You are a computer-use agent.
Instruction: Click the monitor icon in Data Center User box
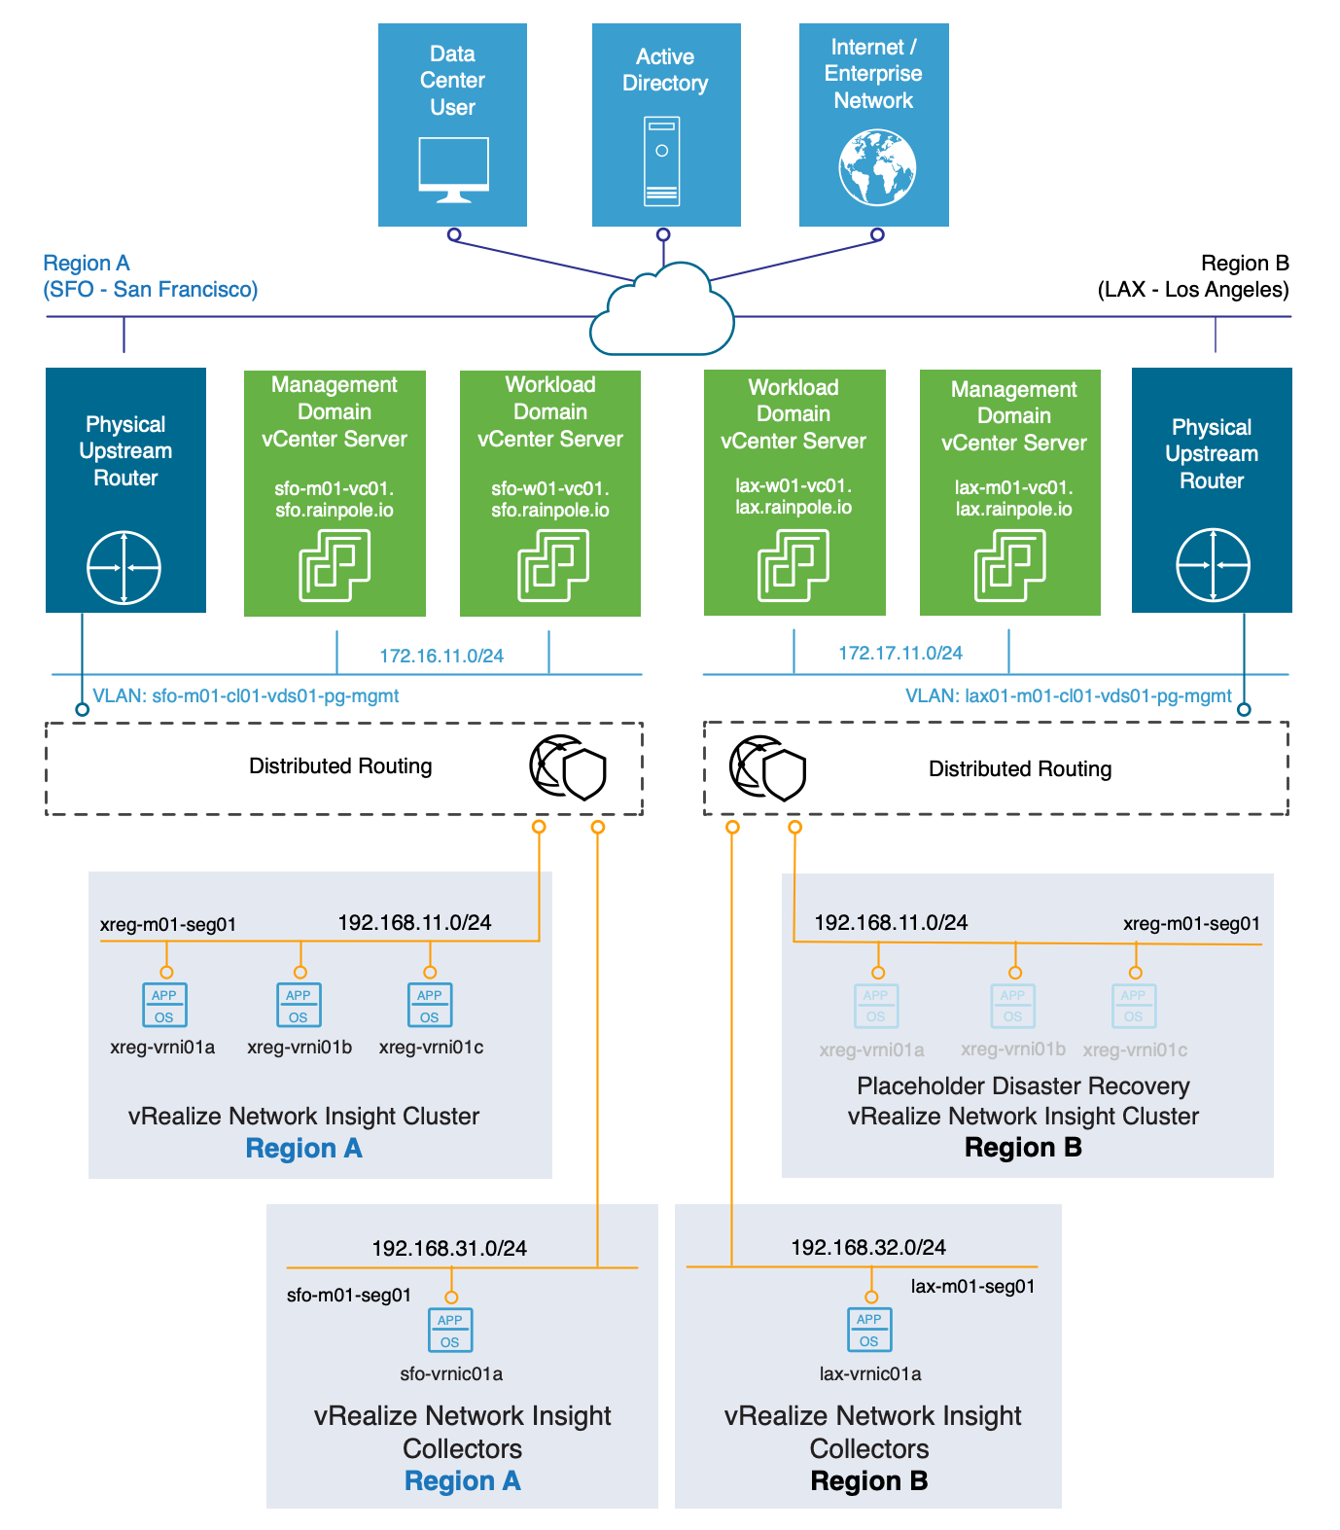[x=453, y=169]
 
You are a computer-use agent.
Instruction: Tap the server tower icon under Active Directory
[x=661, y=161]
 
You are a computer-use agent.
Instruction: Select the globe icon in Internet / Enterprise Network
[x=877, y=167]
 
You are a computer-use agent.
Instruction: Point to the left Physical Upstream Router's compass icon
[x=123, y=567]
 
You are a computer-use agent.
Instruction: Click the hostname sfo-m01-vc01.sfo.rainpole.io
[x=334, y=499]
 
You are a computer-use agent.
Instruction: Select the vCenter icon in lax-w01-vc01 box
[x=793, y=565]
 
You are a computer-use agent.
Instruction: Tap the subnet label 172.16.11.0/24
[x=441, y=656]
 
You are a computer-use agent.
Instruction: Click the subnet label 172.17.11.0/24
[x=900, y=653]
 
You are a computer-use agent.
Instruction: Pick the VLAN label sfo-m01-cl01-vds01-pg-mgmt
[x=246, y=695]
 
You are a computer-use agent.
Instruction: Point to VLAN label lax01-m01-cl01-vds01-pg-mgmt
[x=1068, y=695]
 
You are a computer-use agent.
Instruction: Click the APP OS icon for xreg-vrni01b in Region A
[x=299, y=1006]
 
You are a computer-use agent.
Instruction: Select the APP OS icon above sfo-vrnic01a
[x=450, y=1331]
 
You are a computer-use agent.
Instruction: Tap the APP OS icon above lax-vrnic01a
[x=869, y=1330]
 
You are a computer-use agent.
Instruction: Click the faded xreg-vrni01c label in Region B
[x=1135, y=1050]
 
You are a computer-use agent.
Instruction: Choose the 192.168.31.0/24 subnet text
[x=449, y=1248]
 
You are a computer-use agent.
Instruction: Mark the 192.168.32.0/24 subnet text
[x=868, y=1247]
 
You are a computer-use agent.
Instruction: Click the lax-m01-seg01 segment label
[x=972, y=1286]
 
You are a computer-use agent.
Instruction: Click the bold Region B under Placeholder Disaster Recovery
[x=1023, y=1147]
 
